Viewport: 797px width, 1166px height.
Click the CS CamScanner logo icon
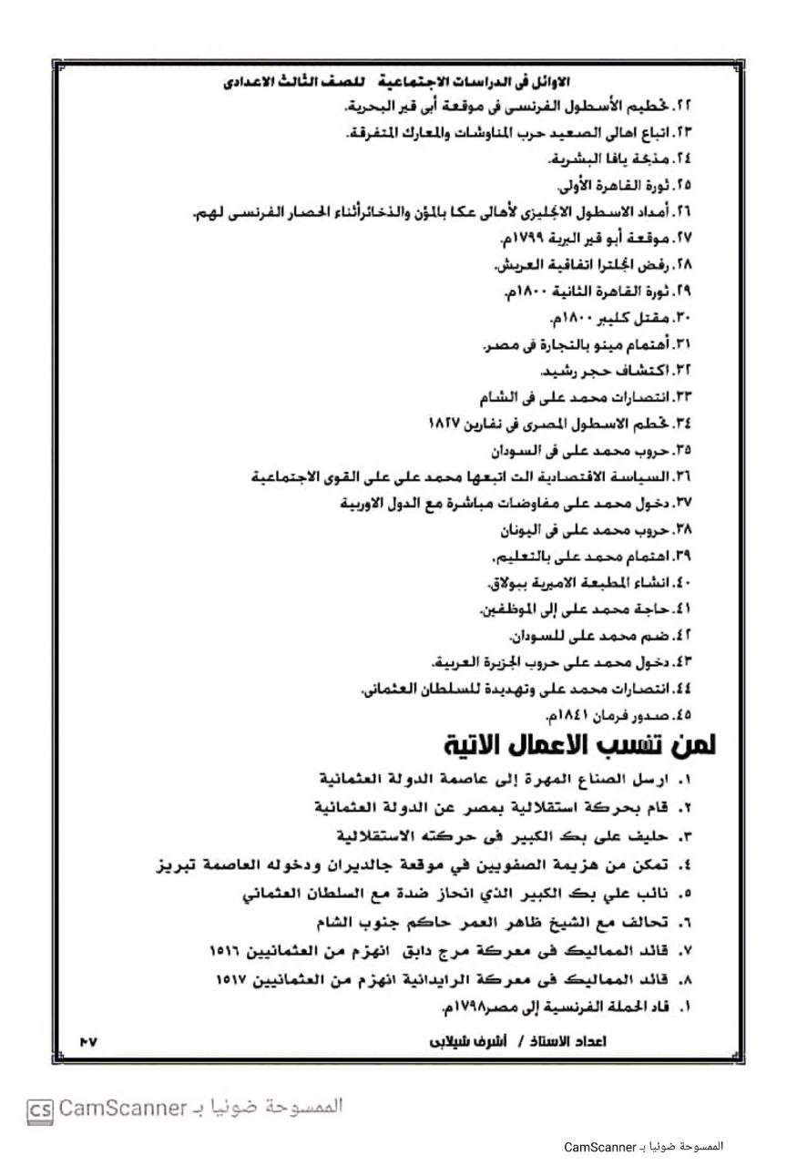[x=39, y=1110]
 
